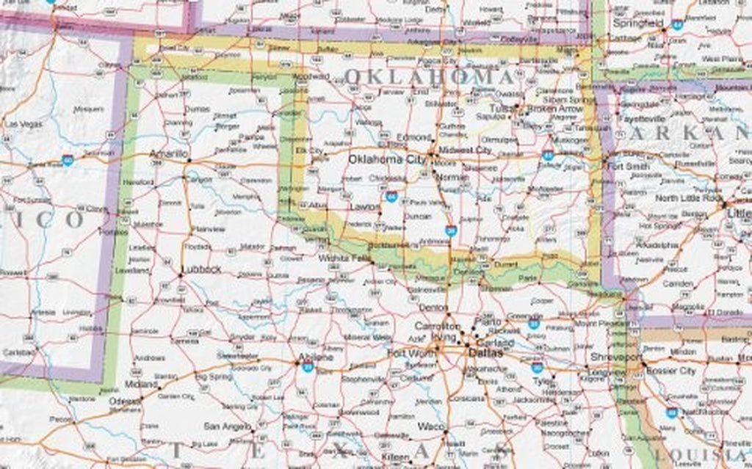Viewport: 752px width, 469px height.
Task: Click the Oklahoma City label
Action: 386,159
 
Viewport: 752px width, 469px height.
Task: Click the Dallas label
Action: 485,353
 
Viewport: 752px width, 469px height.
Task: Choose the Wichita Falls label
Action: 341,258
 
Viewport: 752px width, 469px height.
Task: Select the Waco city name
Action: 428,426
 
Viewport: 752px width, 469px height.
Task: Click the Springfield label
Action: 637,23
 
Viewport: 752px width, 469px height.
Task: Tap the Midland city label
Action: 141,384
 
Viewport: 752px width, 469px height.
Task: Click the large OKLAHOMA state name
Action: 429,76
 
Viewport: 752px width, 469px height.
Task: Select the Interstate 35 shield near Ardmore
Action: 451,230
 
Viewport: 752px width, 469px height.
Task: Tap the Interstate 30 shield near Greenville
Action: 535,322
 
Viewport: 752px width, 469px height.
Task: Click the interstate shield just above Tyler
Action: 538,366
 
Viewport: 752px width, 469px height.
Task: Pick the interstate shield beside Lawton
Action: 391,197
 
